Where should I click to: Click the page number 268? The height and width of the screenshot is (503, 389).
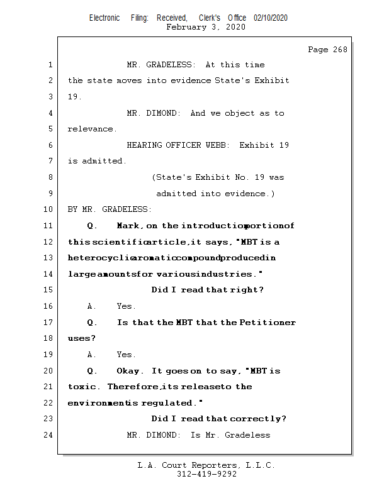[x=339, y=50]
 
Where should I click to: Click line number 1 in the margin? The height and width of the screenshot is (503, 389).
[x=49, y=65]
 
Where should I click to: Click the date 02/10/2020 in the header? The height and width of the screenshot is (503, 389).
[x=271, y=18]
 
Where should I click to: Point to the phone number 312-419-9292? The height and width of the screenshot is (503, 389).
[x=206, y=475]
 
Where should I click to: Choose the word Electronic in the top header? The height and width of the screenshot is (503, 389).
[x=104, y=18]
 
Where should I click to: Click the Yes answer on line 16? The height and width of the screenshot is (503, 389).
[x=126, y=306]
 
